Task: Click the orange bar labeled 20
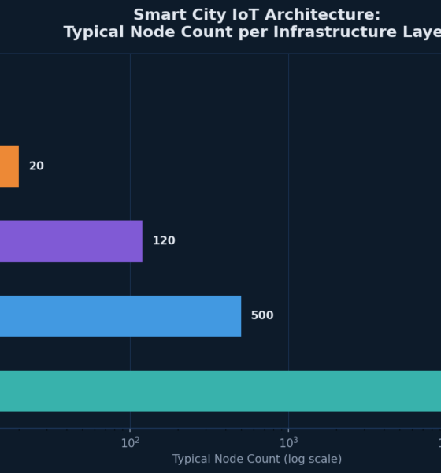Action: pyautogui.click(x=9, y=166)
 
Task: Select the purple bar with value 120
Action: pyautogui.click(x=71, y=241)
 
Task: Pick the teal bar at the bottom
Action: pyautogui.click(x=220, y=391)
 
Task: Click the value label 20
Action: pyautogui.click(x=36, y=166)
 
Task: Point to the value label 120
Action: pyautogui.click(x=164, y=241)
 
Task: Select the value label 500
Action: pyautogui.click(x=262, y=316)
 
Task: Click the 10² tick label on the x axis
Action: pyautogui.click(x=130, y=443)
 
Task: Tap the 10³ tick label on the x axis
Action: pyautogui.click(x=288, y=443)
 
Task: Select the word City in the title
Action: pyautogui.click(x=209, y=15)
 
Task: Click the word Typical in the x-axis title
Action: pyautogui.click(x=192, y=460)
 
